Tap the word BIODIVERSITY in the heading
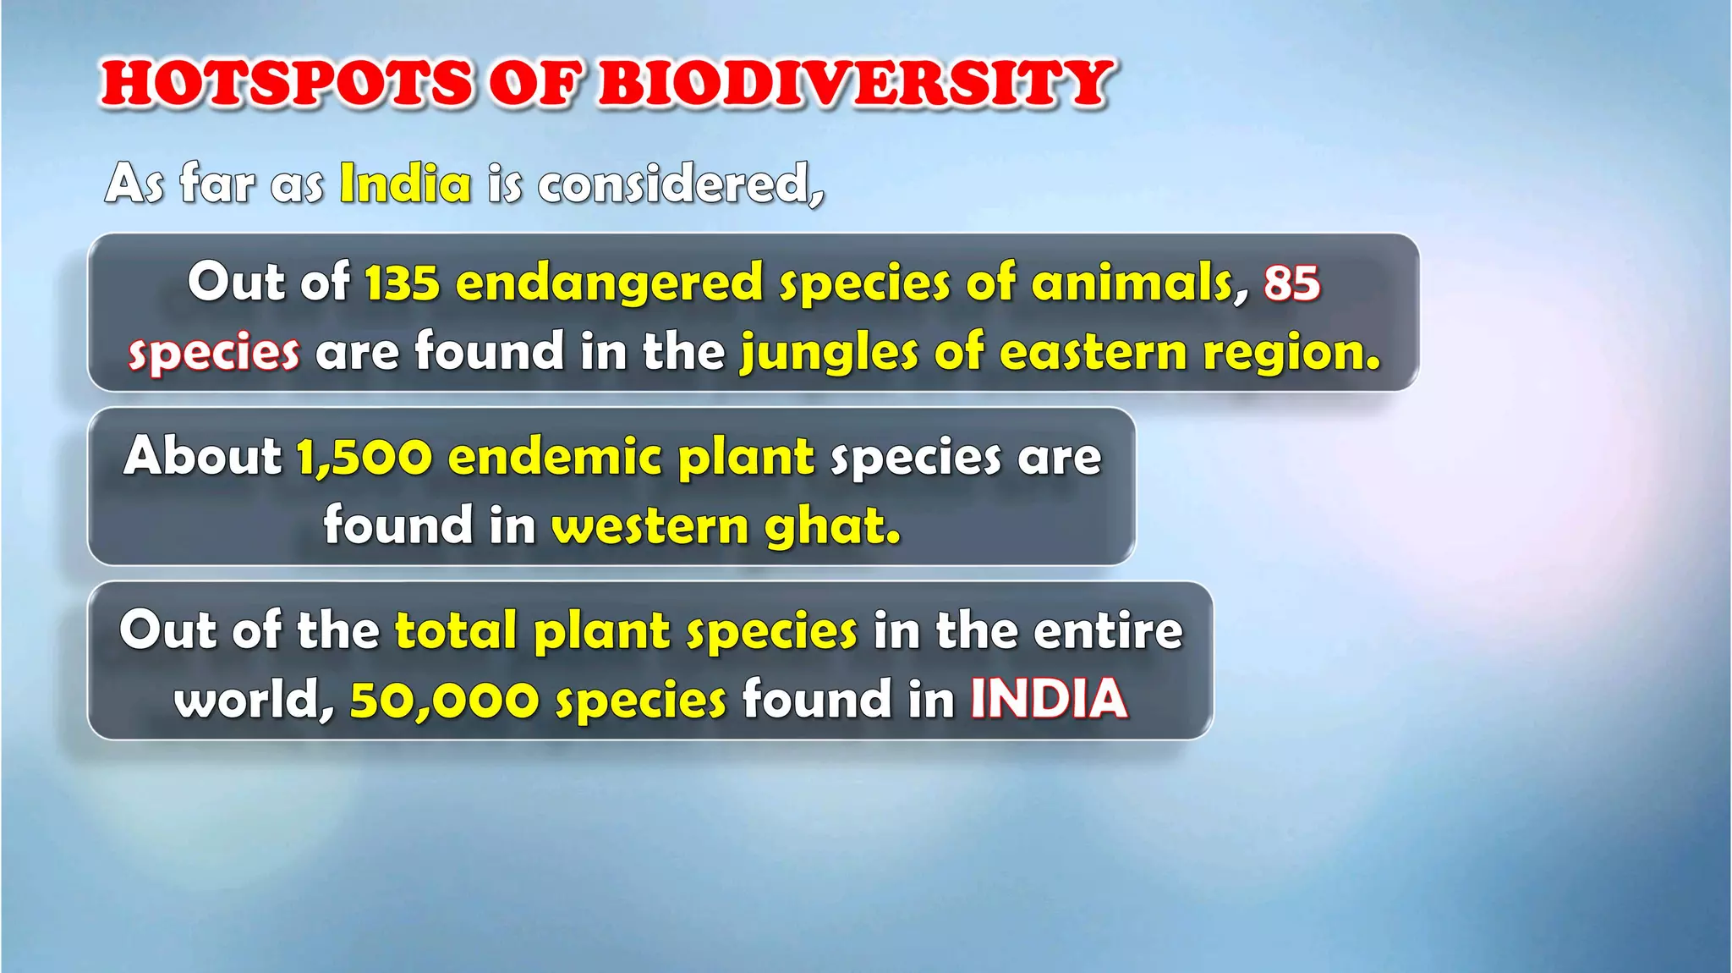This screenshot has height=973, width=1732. (854, 85)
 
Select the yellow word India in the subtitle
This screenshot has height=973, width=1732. (405, 184)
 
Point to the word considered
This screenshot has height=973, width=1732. (679, 184)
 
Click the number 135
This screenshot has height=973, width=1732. (403, 283)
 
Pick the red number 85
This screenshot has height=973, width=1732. (1291, 283)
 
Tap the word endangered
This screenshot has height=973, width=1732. (610, 283)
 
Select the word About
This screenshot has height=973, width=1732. (203, 457)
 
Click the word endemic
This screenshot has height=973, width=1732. (555, 457)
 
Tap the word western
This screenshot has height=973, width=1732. (650, 526)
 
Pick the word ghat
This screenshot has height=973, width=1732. (832, 526)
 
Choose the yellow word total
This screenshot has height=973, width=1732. (456, 631)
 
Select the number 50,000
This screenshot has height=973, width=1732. (444, 701)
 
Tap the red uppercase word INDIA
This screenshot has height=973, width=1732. (1049, 700)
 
